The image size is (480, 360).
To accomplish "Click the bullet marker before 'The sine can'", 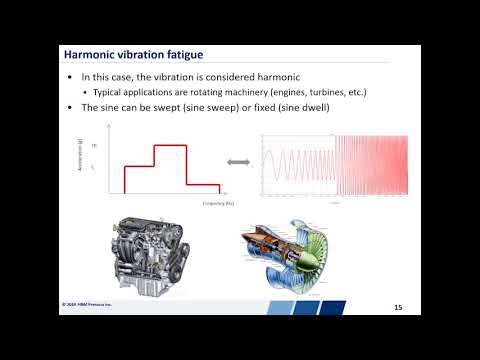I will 69,107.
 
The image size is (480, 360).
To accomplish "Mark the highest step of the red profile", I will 169,146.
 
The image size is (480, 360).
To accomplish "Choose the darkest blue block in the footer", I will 335,306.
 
